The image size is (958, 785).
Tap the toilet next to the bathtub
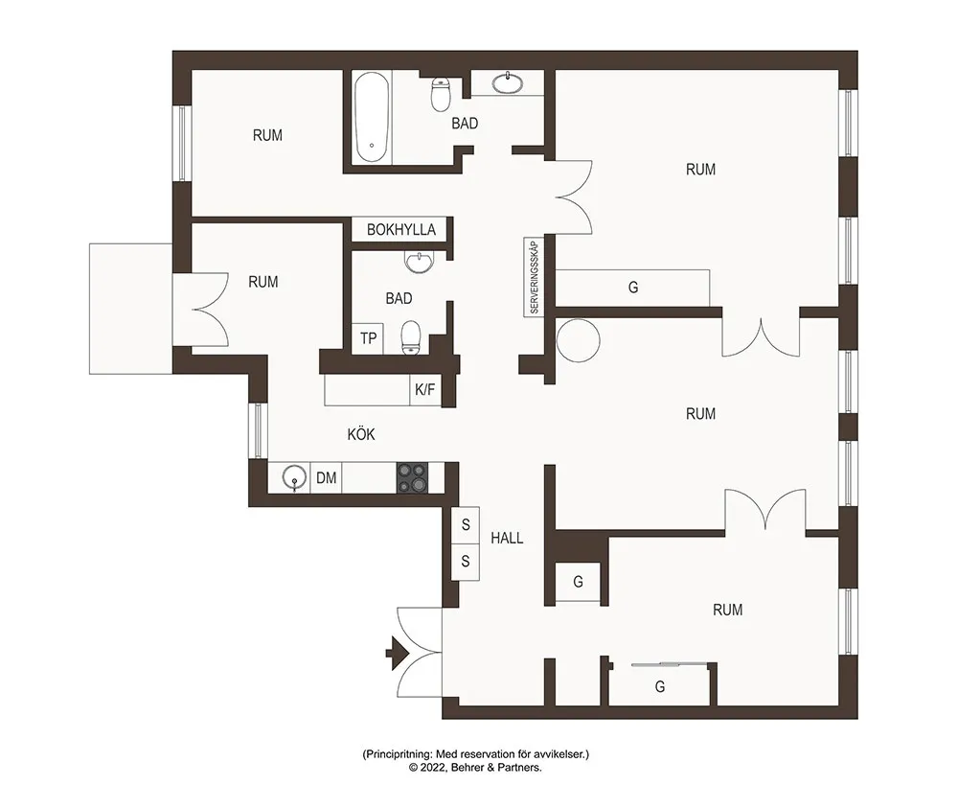(x=440, y=94)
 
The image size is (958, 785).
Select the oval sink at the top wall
(x=507, y=82)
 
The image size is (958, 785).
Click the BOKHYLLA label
(x=401, y=230)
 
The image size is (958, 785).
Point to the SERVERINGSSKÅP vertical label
(x=535, y=278)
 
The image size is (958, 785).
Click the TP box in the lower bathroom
(x=368, y=338)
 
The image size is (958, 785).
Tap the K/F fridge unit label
(x=424, y=389)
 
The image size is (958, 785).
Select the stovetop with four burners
(x=412, y=477)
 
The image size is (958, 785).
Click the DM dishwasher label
(x=327, y=477)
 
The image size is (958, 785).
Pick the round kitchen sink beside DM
(x=295, y=477)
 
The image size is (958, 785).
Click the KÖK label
(x=361, y=435)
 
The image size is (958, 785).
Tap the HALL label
(x=507, y=538)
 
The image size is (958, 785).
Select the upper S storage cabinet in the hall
(x=466, y=524)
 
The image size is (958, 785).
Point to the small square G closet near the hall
(x=578, y=582)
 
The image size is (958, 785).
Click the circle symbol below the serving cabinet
(x=579, y=340)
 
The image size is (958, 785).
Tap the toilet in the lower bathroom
(x=411, y=338)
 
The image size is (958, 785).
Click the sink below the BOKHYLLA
(x=420, y=263)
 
